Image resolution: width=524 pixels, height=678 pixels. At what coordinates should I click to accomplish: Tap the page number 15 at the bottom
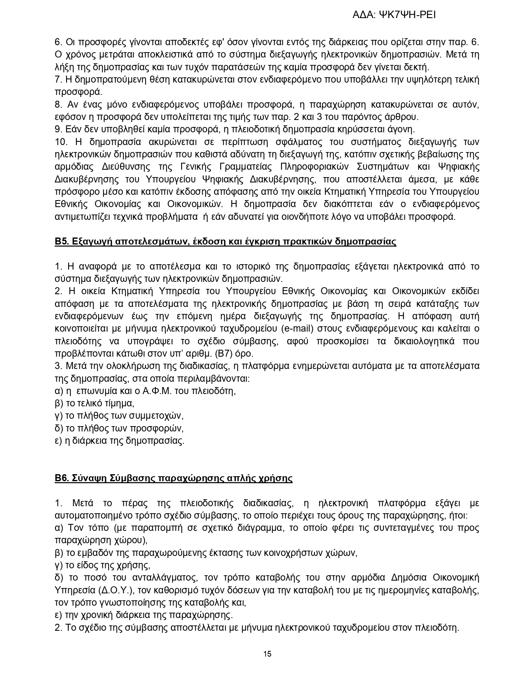click(267, 654)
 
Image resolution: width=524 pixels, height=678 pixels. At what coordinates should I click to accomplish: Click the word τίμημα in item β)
click(119, 403)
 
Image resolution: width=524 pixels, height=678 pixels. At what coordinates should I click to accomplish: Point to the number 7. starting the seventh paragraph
click(58, 80)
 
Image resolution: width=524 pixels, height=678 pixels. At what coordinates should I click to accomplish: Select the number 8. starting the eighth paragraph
click(58, 105)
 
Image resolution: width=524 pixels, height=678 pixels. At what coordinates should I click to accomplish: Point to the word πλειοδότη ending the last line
click(436, 628)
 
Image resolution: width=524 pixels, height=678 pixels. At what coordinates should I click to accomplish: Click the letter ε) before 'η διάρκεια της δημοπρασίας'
click(59, 441)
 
